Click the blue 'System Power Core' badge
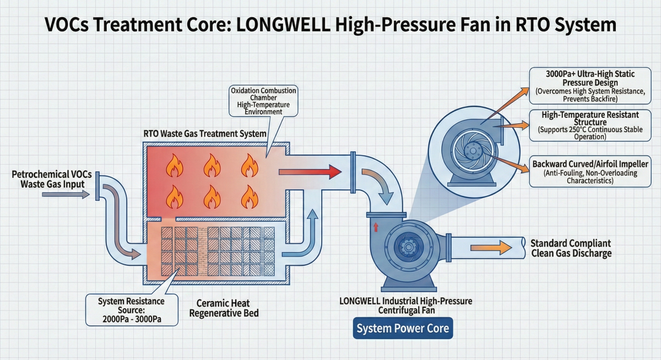pyautogui.click(x=403, y=329)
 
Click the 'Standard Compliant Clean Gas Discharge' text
pyautogui.click(x=571, y=248)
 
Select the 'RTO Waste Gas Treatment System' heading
pyautogui.click(x=205, y=134)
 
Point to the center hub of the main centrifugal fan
pyautogui.click(x=408, y=248)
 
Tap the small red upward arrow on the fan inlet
pyautogui.click(x=377, y=227)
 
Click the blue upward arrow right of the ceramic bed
pyautogui.click(x=312, y=220)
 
